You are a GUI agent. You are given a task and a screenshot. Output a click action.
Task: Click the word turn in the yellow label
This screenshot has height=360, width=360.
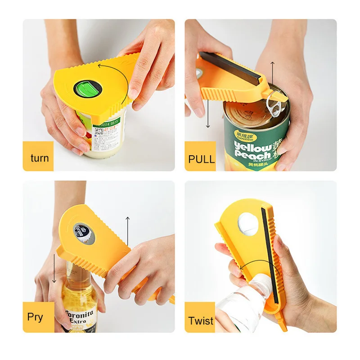[40, 158]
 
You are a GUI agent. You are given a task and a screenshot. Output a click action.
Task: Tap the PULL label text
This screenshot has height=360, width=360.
[202, 158]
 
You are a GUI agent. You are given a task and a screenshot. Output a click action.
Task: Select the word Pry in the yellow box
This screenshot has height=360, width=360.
[35, 317]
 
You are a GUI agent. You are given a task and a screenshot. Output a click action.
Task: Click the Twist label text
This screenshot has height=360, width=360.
[201, 320]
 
